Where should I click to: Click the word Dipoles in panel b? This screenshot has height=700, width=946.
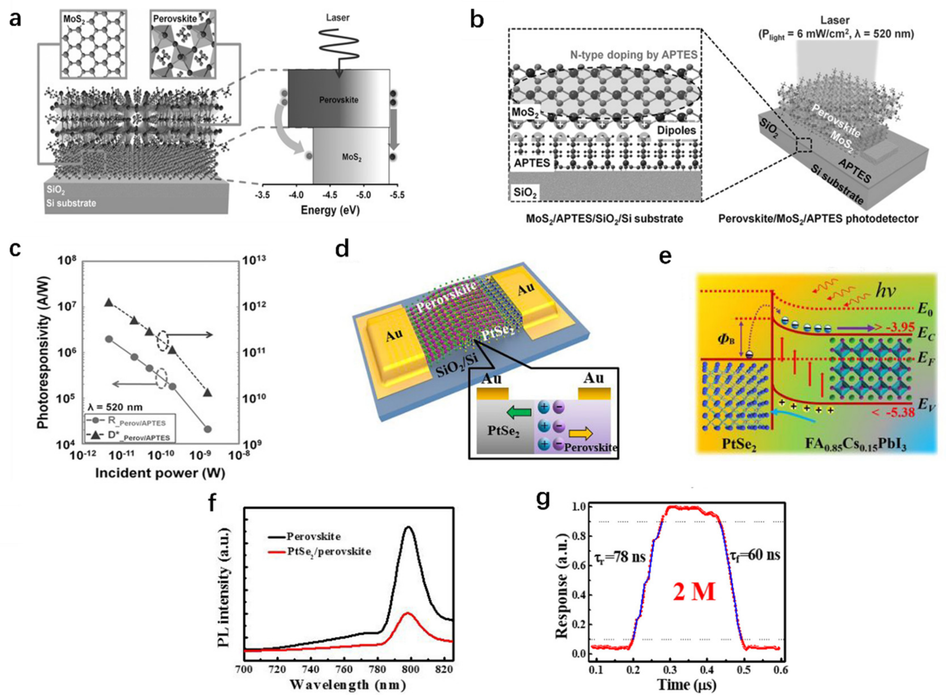point(676,130)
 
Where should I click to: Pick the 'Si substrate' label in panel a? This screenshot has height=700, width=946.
point(71,203)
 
